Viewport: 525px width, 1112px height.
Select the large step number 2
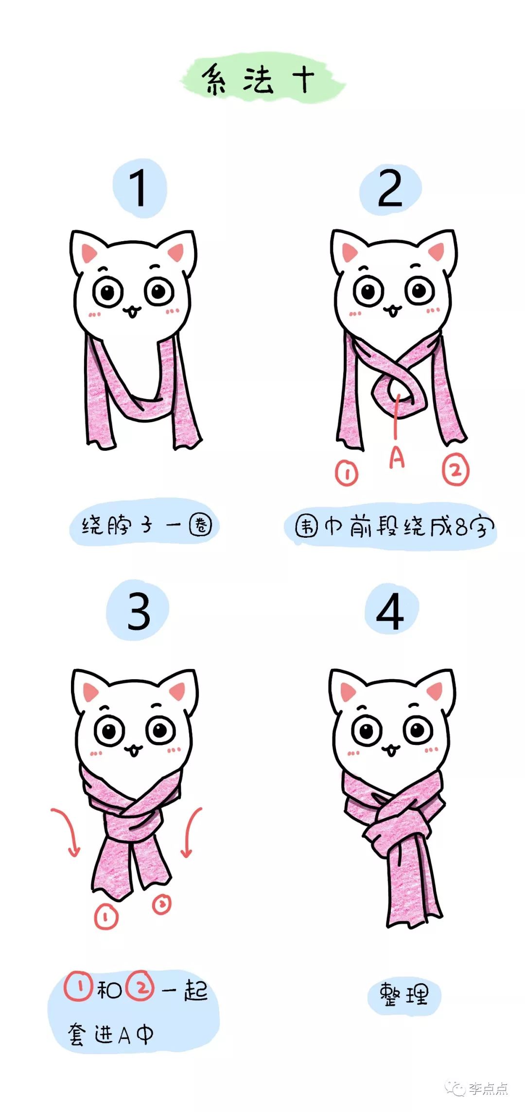[390, 189]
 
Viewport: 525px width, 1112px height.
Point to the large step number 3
[139, 611]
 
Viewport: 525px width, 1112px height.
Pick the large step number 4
[390, 611]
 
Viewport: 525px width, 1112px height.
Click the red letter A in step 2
[397, 458]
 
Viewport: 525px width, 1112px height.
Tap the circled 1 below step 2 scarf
[347, 473]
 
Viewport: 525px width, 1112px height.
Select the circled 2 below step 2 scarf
[455, 470]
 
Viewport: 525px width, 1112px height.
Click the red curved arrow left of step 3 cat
[67, 830]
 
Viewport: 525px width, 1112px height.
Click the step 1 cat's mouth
[132, 311]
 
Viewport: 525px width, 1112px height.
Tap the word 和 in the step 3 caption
[109, 989]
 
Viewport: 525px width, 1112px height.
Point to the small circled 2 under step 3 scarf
[162, 904]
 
